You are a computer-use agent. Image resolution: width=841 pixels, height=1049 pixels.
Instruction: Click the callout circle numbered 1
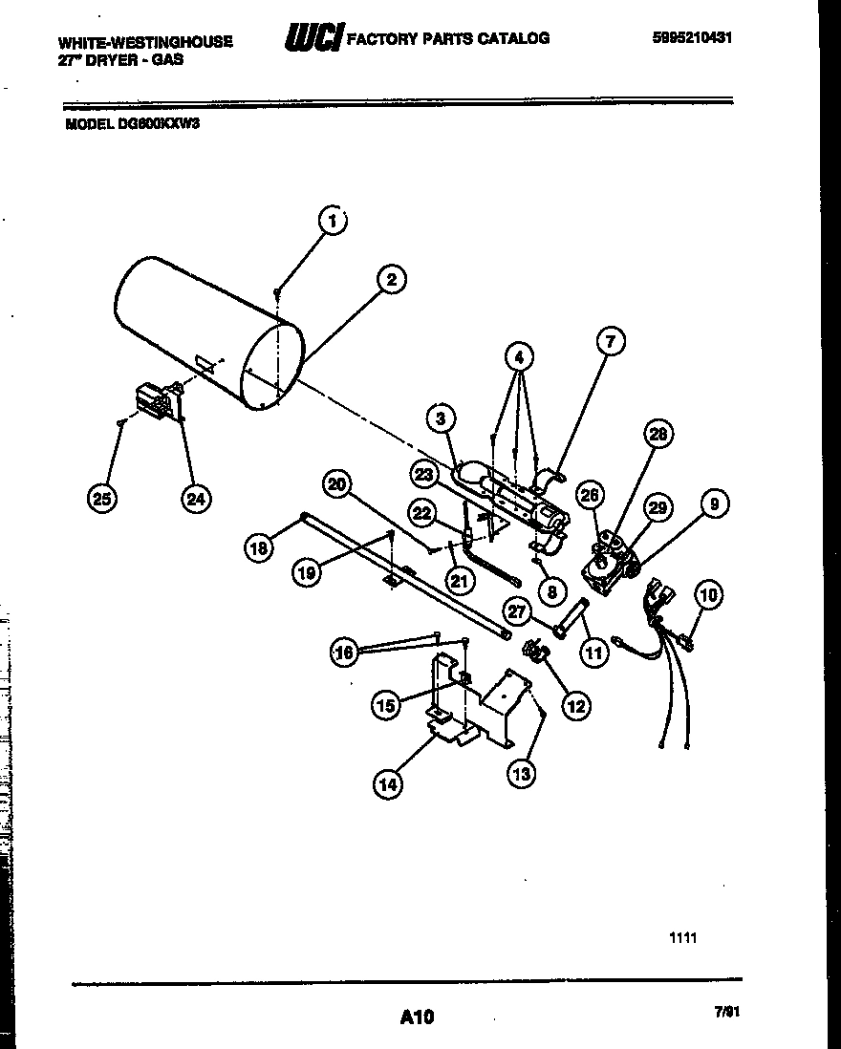333,222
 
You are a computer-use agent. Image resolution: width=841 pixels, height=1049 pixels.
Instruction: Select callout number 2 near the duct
390,279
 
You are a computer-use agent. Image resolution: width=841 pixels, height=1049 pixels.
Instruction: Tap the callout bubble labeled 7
611,340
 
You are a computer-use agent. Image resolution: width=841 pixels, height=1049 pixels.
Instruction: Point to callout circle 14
388,784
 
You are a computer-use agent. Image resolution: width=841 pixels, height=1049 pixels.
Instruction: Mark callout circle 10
708,596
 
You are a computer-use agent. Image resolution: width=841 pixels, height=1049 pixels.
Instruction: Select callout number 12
576,706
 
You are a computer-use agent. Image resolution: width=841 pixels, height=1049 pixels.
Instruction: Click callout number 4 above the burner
518,359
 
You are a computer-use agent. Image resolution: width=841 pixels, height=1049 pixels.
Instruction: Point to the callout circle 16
345,653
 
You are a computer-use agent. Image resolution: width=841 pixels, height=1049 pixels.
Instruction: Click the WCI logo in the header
313,38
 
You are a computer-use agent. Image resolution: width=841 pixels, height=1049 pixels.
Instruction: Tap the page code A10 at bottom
417,1017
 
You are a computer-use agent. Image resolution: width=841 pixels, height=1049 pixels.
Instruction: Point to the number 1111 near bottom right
682,938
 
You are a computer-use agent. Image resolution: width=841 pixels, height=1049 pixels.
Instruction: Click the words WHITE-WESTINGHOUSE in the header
145,42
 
